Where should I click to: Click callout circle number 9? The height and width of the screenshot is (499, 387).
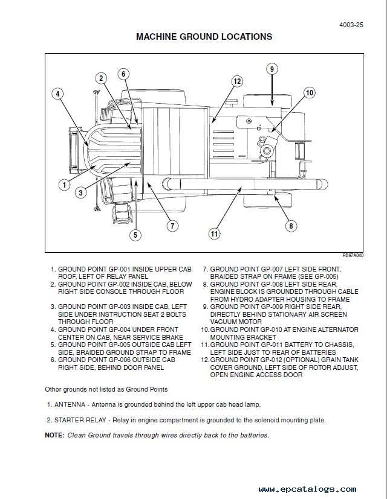[272, 69]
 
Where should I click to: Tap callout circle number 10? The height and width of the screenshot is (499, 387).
[309, 93]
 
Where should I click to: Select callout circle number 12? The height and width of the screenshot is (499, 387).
[237, 81]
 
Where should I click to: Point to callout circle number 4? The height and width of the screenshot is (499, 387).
[57, 94]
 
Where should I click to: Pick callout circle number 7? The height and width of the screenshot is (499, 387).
[172, 226]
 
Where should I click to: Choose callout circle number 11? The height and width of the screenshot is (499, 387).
[213, 234]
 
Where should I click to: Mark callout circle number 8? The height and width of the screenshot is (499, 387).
[291, 226]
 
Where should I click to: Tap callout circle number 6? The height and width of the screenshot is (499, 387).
[123, 74]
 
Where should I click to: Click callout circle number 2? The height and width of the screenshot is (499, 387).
[102, 78]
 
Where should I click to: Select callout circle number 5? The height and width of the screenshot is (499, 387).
[135, 235]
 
